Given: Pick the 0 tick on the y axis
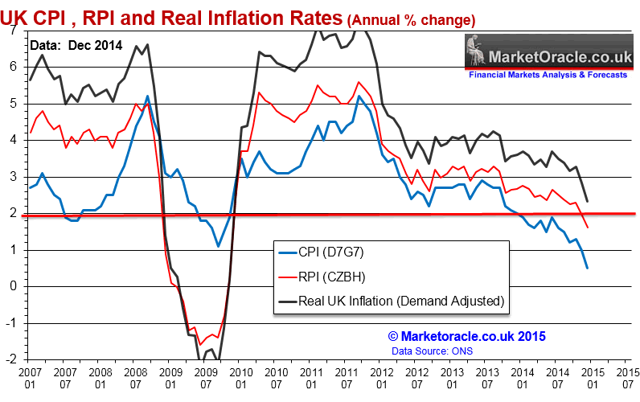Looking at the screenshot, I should click(x=14, y=286).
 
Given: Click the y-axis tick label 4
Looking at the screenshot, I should click(x=14, y=140).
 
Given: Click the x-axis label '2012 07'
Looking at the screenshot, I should click(x=416, y=380).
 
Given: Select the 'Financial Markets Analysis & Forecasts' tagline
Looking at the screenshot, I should click(x=547, y=75).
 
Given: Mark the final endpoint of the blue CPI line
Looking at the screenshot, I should click(x=587, y=268).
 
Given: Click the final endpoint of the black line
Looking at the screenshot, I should click(x=587, y=201).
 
